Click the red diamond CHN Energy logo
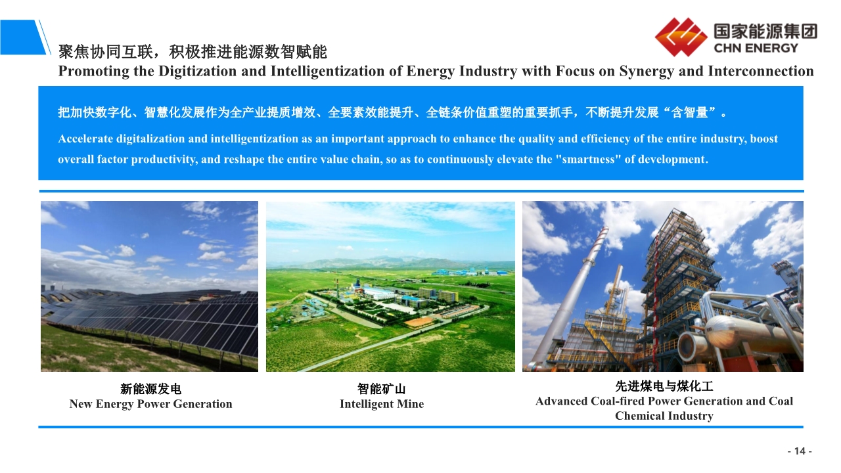[x=681, y=37]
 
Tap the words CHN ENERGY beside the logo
[x=756, y=49]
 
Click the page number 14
[x=800, y=451]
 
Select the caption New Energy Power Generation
[x=150, y=404]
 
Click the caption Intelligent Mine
[x=382, y=404]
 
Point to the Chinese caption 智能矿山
[x=382, y=389]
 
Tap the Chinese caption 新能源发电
[x=150, y=389]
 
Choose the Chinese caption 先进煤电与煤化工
[x=664, y=386]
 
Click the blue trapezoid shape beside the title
[x=22, y=37]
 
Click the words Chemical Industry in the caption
[x=664, y=416]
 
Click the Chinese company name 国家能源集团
[x=765, y=31]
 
